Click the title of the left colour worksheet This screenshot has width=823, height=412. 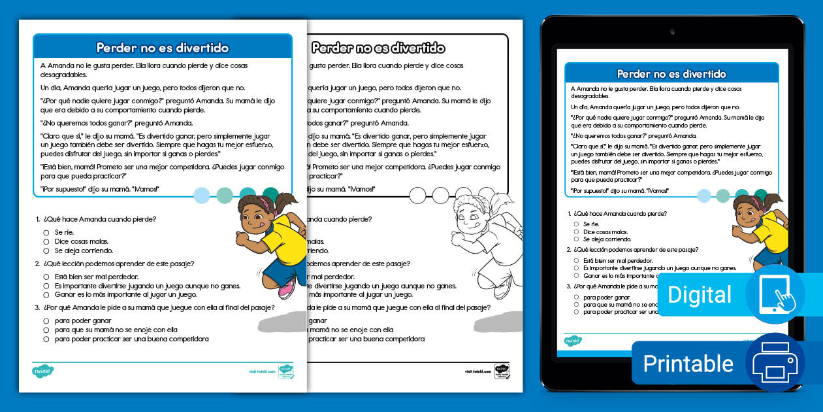tap(162, 48)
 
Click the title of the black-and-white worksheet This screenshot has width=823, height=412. tap(378, 48)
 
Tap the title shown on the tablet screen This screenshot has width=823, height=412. tap(671, 74)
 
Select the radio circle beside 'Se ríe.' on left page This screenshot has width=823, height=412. tap(46, 232)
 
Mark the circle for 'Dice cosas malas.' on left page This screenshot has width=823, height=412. tap(46, 241)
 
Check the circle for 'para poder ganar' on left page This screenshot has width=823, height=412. tap(46, 321)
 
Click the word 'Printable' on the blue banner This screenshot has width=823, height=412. tap(688, 363)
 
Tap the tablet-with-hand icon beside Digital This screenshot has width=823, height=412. tap(776, 294)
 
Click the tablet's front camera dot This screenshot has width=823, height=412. tap(671, 31)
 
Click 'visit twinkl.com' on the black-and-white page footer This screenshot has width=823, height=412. tap(477, 371)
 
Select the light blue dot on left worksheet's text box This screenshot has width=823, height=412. tap(202, 195)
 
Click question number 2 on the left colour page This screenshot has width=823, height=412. tap(37, 264)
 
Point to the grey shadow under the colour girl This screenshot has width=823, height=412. tap(281, 322)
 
